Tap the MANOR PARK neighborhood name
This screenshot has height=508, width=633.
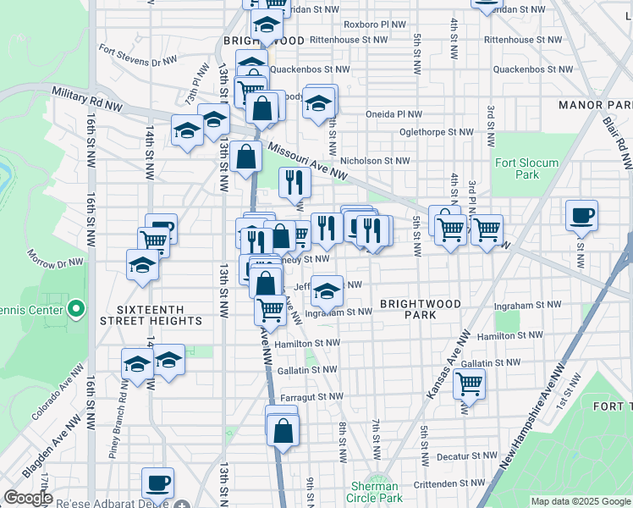[x=595, y=105]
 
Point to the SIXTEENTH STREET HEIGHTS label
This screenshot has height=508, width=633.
[x=151, y=315]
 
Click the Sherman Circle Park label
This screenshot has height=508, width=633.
[x=374, y=492]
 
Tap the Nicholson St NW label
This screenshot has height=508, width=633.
[x=374, y=159]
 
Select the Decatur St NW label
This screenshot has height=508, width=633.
[x=467, y=455]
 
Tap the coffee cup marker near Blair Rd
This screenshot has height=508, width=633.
[x=581, y=216]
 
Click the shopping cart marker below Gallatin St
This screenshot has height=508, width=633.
[x=469, y=384]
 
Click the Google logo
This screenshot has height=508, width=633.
[x=28, y=498]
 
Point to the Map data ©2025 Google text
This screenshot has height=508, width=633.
[x=580, y=501]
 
